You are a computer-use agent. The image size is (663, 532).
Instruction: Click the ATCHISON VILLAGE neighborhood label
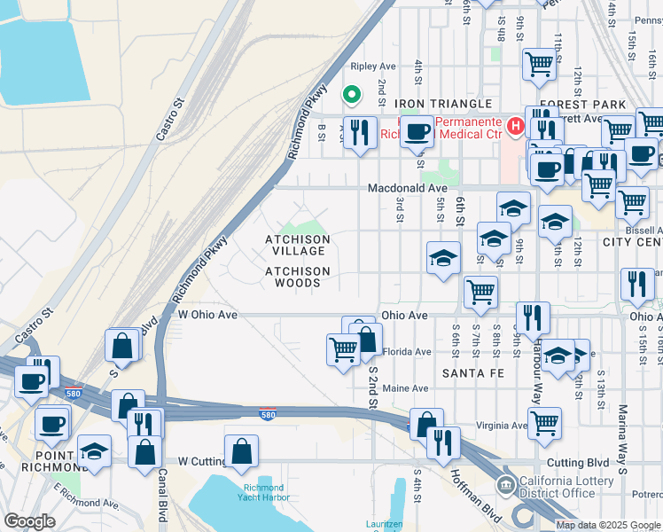coord(298,246)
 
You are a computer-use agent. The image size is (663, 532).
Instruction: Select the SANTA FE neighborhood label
coord(471,374)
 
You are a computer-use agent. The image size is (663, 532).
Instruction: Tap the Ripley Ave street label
coord(372,66)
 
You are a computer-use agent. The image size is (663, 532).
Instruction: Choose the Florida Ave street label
coord(407,352)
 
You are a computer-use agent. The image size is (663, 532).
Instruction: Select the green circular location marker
coord(351,94)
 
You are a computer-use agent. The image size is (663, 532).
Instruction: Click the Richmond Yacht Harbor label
coord(261,493)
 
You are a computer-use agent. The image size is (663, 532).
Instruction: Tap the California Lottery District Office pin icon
coord(505,484)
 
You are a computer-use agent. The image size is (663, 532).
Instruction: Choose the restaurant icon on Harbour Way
coord(533,318)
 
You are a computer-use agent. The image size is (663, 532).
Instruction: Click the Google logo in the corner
coord(30,521)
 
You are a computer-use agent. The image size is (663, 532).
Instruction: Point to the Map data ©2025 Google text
coord(607,524)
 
